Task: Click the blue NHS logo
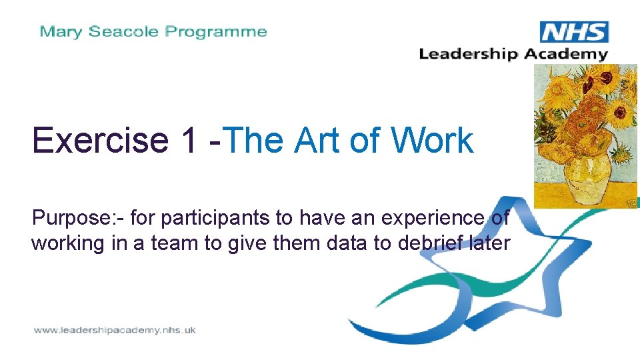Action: point(574,32)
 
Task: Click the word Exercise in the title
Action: point(100,141)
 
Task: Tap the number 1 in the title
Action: point(187,141)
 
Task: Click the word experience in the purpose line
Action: point(427,218)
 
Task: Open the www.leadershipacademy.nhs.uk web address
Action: point(115,330)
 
